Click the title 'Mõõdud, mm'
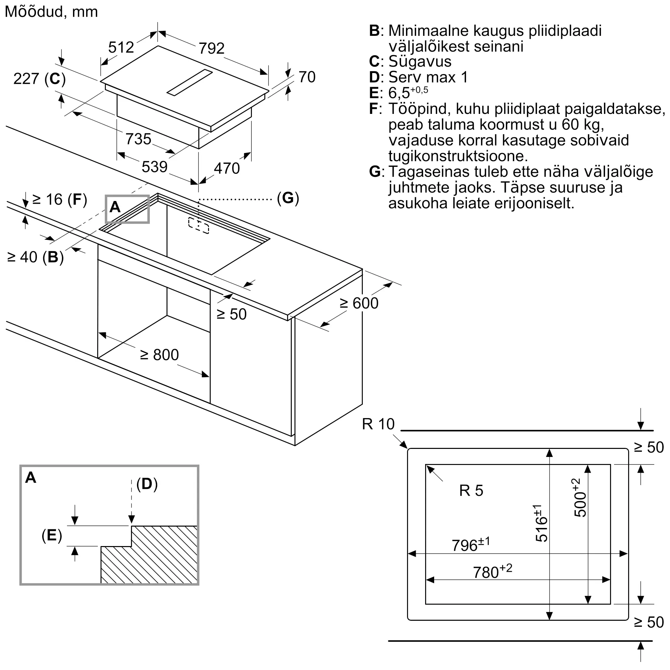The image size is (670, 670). click(51, 12)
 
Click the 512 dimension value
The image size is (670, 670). click(121, 47)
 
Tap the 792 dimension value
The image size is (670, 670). click(211, 48)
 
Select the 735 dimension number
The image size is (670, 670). click(138, 139)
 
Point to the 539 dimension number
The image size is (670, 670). click(155, 167)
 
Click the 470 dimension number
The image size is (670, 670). click(227, 168)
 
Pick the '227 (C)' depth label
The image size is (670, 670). click(40, 79)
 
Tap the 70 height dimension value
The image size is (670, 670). click(307, 77)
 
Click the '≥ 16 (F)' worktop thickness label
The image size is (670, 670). click(60, 199)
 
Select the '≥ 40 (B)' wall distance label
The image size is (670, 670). click(36, 257)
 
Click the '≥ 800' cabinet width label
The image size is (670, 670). click(159, 355)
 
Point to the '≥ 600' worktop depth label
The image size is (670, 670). click(359, 303)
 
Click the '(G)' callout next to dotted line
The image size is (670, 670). click(288, 198)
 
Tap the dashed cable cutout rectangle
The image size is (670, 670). click(199, 226)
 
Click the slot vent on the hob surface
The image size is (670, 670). click(190, 82)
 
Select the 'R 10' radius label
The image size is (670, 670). click(378, 424)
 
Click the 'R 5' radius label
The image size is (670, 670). click(471, 490)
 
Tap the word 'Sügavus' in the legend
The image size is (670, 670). click(420, 62)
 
